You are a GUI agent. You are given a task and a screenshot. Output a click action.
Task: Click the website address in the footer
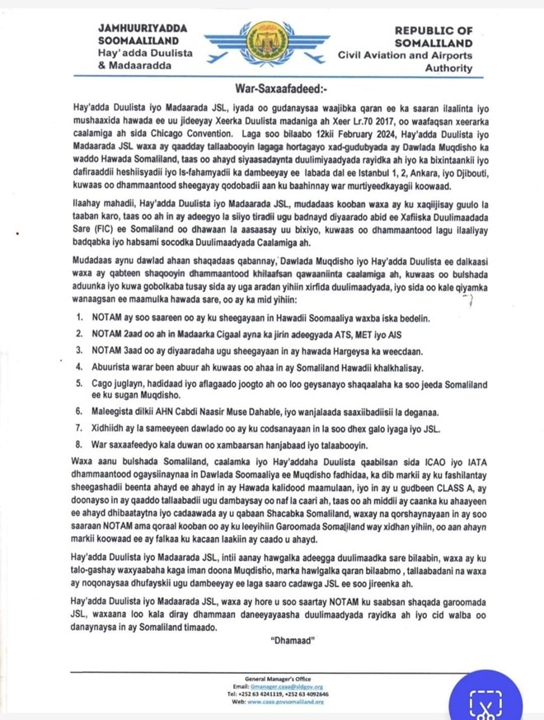283,701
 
